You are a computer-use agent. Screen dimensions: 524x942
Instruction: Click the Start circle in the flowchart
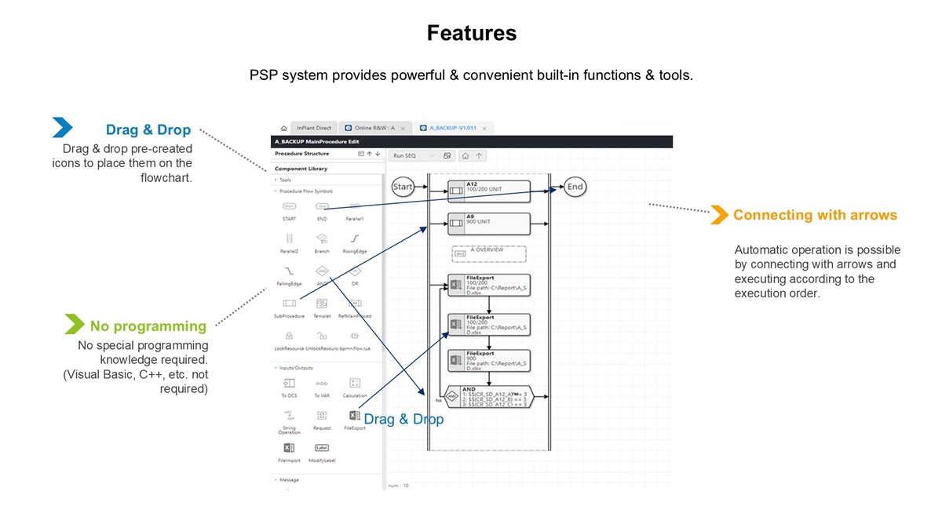coord(403,187)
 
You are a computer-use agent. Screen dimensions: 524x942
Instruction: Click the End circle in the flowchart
coord(575,187)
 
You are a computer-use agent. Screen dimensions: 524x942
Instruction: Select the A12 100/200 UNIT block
coord(488,191)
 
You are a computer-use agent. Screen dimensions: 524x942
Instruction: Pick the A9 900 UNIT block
coord(488,224)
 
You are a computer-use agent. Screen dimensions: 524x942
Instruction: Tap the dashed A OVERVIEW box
coord(487,253)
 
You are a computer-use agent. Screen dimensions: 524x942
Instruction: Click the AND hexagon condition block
coord(487,398)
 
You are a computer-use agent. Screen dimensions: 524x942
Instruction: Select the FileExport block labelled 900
coord(488,360)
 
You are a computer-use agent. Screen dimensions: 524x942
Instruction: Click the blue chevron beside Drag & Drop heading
coord(62,127)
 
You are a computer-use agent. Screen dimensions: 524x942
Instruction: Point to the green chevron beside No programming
coord(75,324)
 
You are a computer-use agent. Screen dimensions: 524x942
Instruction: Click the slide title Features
coord(472,33)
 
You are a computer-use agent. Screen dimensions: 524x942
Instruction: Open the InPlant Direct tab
coord(313,128)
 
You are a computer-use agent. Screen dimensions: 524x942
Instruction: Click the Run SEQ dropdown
coord(414,155)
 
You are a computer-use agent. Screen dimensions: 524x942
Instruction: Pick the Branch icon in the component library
coord(322,238)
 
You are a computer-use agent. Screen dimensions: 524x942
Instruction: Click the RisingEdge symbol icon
coord(355,238)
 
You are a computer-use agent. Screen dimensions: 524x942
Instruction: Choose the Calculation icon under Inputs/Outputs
coord(355,383)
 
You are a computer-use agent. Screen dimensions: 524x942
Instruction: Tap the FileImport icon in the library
coord(289,448)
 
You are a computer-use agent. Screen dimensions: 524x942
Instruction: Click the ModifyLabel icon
coord(322,448)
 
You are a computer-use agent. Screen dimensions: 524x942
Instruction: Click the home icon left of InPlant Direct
coord(283,128)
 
